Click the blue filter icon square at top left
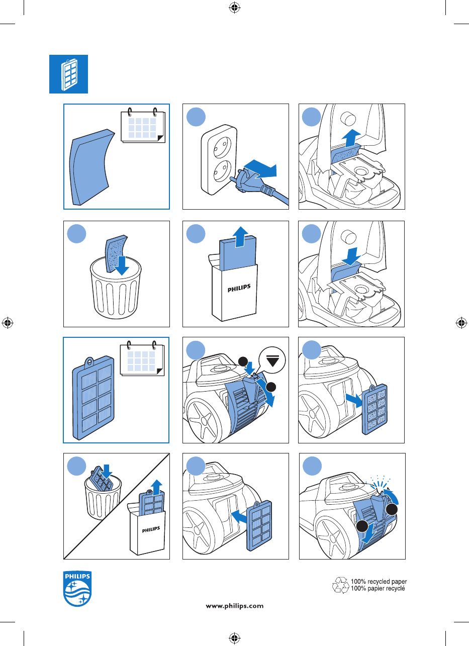pyautogui.click(x=69, y=74)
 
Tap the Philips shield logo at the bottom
pyautogui.click(x=77, y=588)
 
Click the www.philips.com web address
pyautogui.click(x=234, y=606)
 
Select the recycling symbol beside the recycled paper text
pyautogui.click(x=341, y=585)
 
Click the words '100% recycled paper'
pyautogui.click(x=379, y=581)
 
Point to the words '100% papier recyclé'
pyautogui.click(x=378, y=589)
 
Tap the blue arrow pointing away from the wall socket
pyautogui.click(x=260, y=169)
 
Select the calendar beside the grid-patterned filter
pyautogui.click(x=142, y=358)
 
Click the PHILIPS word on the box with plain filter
pyautogui.click(x=239, y=288)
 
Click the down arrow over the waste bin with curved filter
pyautogui.click(x=122, y=265)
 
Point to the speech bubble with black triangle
pyautogui.click(x=272, y=361)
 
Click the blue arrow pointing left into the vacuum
pyautogui.click(x=239, y=516)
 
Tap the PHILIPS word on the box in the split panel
pyautogui.click(x=151, y=530)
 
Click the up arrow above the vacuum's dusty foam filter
pyautogui.click(x=351, y=138)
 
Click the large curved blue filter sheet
pyautogui.click(x=91, y=167)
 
